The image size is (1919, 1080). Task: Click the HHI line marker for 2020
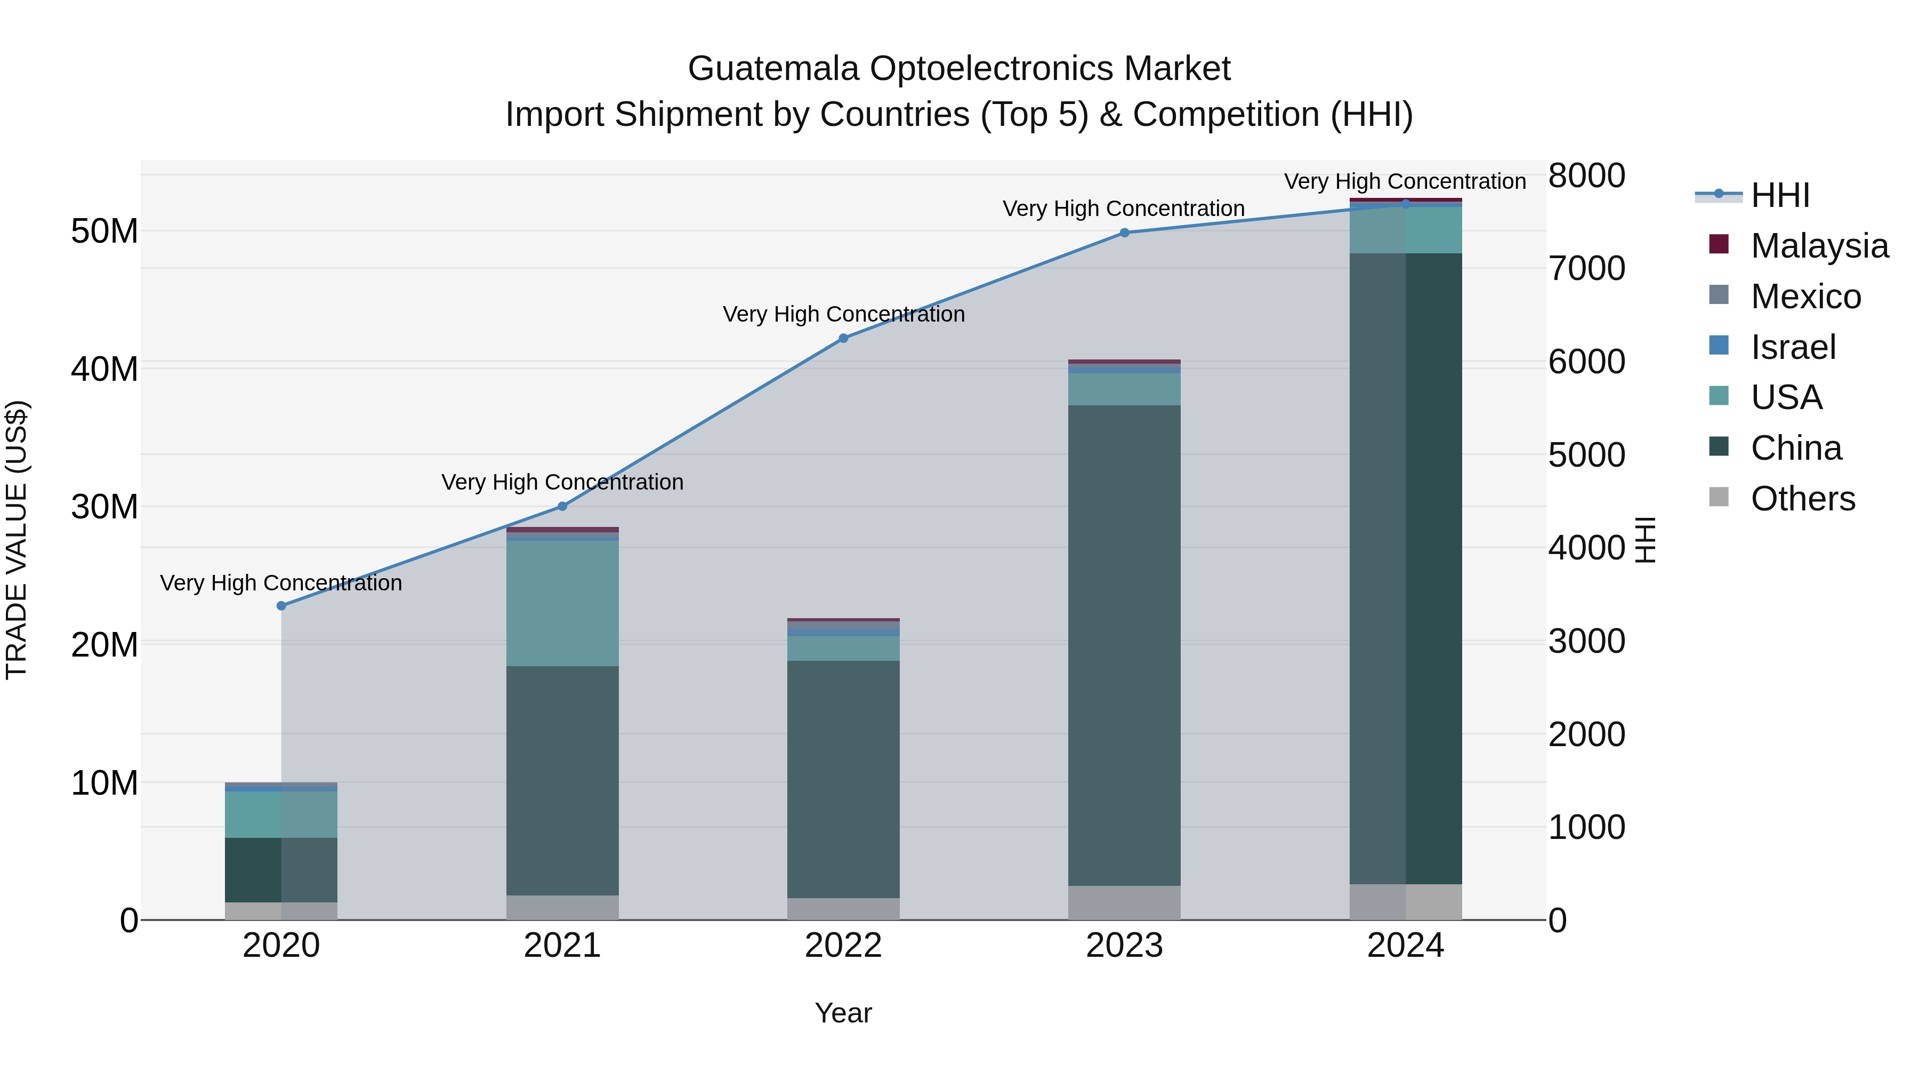click(281, 606)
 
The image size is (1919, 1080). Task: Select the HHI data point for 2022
click(843, 338)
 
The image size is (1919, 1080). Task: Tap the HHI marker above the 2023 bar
click(1125, 233)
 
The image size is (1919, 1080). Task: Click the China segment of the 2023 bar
click(1125, 645)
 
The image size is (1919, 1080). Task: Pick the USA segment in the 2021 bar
click(562, 603)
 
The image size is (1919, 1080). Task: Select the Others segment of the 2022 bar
click(843, 909)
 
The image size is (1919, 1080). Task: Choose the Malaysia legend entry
click(1818, 246)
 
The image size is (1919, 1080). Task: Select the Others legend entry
click(1802, 499)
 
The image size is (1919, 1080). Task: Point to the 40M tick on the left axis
click(104, 369)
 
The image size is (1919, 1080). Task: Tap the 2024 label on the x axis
click(1405, 946)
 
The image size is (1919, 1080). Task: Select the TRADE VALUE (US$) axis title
click(17, 540)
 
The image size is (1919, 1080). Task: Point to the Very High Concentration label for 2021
click(562, 482)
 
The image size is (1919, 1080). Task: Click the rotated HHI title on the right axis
click(1645, 540)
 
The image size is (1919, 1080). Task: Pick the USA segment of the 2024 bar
click(1405, 230)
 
